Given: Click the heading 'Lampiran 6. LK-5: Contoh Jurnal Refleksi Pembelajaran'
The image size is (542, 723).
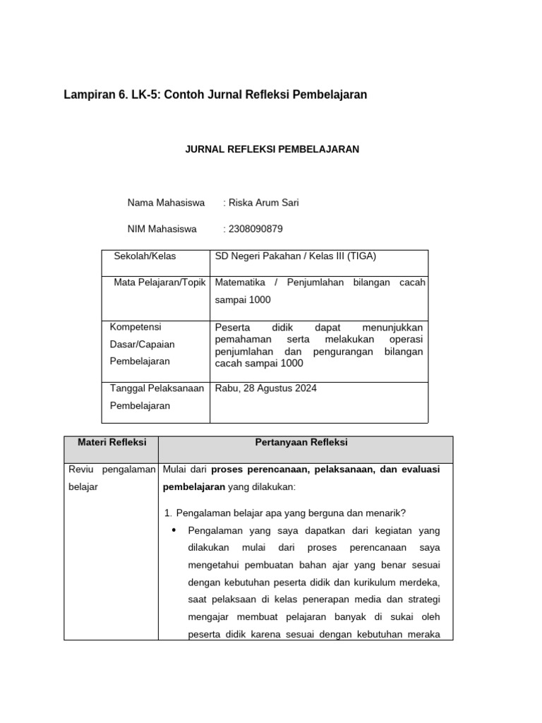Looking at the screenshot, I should (x=215, y=94).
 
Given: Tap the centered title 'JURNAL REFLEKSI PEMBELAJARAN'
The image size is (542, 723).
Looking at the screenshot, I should (x=272, y=149).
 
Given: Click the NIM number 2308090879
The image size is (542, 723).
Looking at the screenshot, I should (x=255, y=229).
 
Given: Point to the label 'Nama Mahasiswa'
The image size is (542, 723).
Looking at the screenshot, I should (x=166, y=203).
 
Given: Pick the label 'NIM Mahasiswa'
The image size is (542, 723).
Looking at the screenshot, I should (x=162, y=229).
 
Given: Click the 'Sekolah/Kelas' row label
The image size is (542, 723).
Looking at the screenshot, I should (x=145, y=256).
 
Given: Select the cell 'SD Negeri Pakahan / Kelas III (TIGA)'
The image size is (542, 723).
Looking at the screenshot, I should (x=301, y=256).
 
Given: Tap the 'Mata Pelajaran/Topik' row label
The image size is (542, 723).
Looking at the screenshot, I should (x=159, y=282).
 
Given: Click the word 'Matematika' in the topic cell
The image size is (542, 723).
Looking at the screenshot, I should (x=241, y=282).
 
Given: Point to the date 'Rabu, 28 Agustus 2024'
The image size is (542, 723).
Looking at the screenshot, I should (x=265, y=388).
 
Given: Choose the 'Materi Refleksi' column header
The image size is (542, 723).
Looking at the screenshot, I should (x=111, y=443).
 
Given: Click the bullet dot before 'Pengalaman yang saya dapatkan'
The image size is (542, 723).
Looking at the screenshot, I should (x=174, y=530).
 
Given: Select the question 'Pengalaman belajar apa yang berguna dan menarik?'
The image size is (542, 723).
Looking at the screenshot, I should (x=296, y=513).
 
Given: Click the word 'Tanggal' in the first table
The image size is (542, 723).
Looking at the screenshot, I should (x=127, y=388).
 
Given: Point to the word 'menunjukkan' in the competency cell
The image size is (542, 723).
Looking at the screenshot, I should (x=392, y=328).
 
